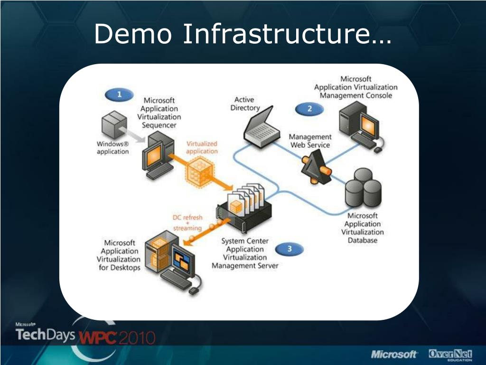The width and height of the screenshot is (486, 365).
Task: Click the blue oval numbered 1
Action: pos(119,95)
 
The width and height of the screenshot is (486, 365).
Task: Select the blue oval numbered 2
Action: pos(309,109)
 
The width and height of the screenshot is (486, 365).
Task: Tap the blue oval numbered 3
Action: pos(289,249)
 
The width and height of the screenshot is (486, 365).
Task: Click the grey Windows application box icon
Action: pos(114,125)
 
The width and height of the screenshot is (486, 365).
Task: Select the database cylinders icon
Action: pos(363,188)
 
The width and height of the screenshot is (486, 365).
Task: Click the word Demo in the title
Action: pos(133,34)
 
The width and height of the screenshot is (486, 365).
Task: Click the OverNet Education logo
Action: pos(451,355)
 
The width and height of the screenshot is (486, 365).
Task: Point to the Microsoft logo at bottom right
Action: pos(394,354)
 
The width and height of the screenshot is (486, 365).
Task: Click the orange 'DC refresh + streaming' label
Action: pos(187,223)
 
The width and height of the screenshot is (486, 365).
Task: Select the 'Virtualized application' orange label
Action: pos(202,147)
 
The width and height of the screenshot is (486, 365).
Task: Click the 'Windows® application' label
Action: pos(113,148)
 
